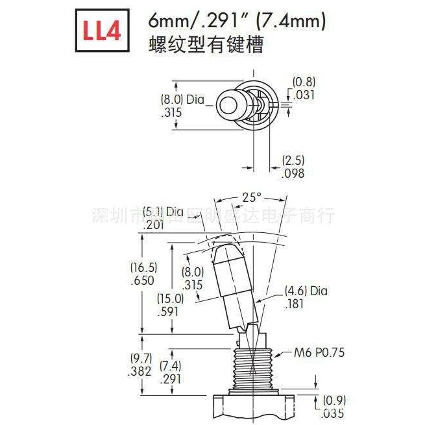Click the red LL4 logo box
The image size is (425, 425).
click(x=101, y=32)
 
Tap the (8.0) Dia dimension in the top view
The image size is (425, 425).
click(x=182, y=100)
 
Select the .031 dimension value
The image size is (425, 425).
click(x=302, y=95)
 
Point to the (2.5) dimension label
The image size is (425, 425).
click(x=293, y=160)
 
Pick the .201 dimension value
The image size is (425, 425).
click(x=154, y=225)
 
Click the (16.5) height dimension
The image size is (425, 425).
click(x=143, y=267)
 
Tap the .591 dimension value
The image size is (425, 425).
click(x=170, y=311)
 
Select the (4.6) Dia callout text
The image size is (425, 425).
click(x=306, y=291)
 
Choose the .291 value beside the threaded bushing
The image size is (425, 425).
click(x=169, y=380)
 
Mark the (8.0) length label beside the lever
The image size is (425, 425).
click(x=193, y=273)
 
